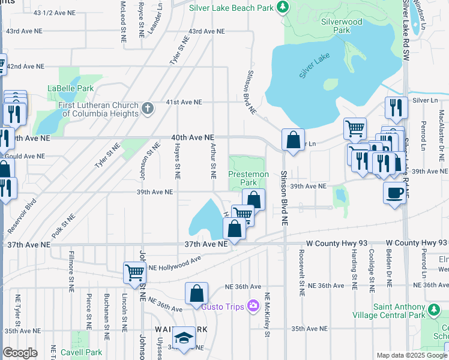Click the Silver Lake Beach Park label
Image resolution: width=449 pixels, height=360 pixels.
coord(232,8)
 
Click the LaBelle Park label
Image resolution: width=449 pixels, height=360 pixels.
coord(71,88)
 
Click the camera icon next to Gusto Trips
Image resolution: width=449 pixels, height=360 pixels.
coord(253,307)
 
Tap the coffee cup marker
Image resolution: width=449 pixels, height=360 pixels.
coord(394,193)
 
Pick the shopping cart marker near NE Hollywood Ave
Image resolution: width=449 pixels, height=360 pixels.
coord(134,272)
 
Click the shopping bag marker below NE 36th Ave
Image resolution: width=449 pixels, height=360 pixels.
coord(196,294)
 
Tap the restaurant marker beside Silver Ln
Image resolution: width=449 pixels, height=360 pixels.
coord(396,107)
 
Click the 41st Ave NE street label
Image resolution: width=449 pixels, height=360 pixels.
coord(185,102)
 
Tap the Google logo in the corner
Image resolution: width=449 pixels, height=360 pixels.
coord(20,353)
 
